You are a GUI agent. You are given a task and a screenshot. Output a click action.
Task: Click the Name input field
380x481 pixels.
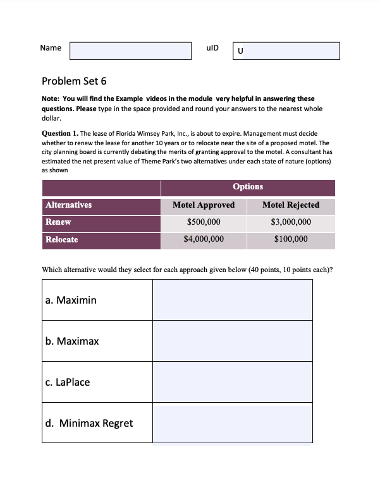tap(130, 51)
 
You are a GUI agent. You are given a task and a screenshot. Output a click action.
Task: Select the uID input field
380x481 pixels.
tap(286, 51)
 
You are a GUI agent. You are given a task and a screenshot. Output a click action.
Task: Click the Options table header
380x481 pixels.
tap(248, 187)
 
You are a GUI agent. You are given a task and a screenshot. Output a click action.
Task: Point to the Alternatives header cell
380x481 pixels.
tap(68, 205)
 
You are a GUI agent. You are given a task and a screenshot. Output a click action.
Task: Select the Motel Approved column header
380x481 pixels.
tap(204, 205)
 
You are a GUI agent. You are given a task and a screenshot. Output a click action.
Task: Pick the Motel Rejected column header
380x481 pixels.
tap(291, 205)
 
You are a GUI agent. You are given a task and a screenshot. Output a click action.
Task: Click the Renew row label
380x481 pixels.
tap(58, 222)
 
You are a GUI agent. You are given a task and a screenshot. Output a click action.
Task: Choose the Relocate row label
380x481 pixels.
tap(62, 240)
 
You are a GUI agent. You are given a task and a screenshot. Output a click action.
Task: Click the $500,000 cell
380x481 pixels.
tap(204, 222)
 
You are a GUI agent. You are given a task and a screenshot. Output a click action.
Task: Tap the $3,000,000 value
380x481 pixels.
tap(291, 222)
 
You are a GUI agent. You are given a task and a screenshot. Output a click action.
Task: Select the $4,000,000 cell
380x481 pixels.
tap(204, 240)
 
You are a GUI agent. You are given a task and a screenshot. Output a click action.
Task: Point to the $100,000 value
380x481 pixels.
tap(291, 240)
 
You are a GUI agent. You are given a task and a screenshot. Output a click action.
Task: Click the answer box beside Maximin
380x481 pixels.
tap(232, 300)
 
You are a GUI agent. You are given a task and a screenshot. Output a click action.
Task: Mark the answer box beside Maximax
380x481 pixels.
tap(232, 341)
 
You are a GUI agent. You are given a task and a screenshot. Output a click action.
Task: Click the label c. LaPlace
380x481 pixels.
tap(68, 382)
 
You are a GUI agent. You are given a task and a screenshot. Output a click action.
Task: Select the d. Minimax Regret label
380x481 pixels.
tap(89, 423)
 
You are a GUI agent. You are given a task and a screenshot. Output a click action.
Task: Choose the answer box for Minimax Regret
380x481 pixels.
tap(232, 423)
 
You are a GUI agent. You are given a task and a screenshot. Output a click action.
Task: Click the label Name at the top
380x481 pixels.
tap(51, 48)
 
